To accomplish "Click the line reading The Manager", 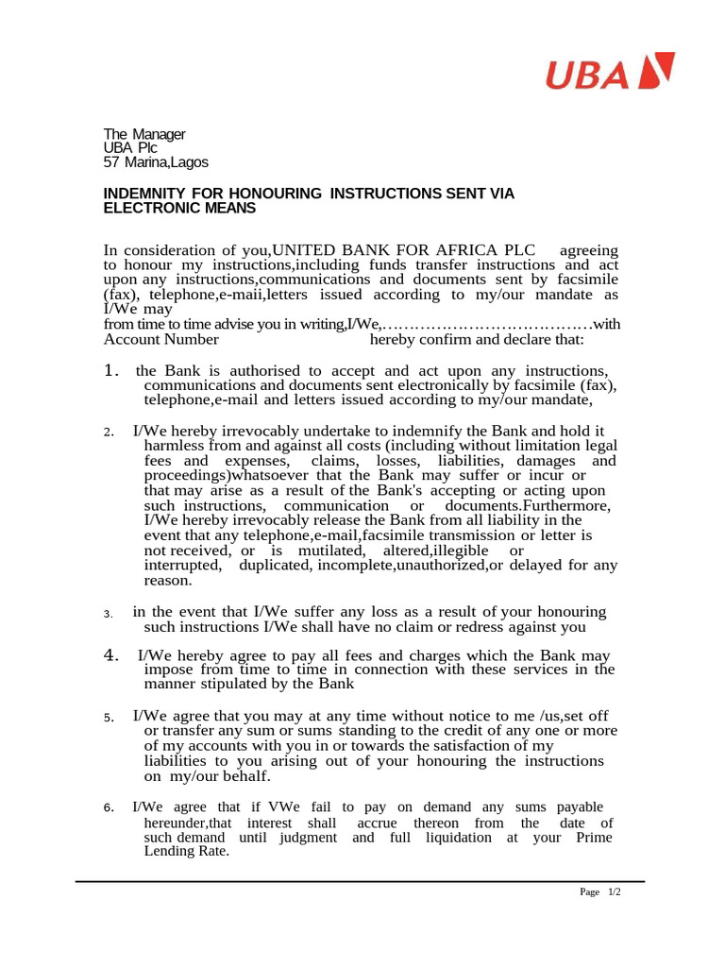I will pyautogui.click(x=144, y=134).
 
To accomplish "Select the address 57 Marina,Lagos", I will pyautogui.click(x=156, y=162).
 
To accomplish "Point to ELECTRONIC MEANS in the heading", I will pyautogui.click(x=179, y=208).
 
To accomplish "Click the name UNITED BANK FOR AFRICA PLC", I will pyautogui.click(x=403, y=250).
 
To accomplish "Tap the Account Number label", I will pyautogui.click(x=161, y=340).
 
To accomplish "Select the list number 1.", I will pyautogui.click(x=110, y=370).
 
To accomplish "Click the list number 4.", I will pyautogui.click(x=110, y=655).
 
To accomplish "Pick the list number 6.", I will pyautogui.click(x=109, y=808).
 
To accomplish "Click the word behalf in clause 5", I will pyautogui.click(x=244, y=776).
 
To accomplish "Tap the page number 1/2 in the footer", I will pyautogui.click(x=614, y=892).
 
